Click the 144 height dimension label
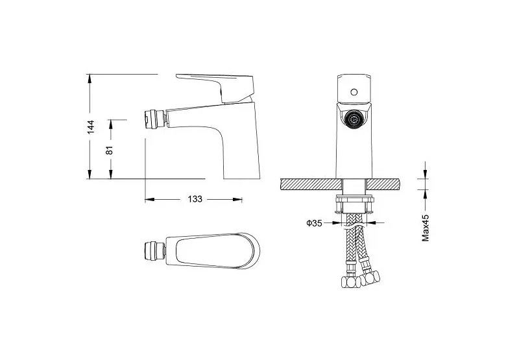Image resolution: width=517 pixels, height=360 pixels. (x=91, y=127)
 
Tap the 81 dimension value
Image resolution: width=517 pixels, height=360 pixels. (x=110, y=150)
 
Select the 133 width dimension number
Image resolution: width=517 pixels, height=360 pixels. (x=195, y=199)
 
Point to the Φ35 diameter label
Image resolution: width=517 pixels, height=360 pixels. (x=314, y=223)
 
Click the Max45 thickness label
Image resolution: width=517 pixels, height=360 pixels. (x=426, y=228)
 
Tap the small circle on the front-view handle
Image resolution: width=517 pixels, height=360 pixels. (x=354, y=92)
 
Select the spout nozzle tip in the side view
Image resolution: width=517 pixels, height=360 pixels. (x=154, y=119)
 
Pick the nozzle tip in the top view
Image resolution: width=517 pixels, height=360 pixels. (x=155, y=251)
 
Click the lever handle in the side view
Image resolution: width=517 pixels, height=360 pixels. (x=217, y=86)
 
